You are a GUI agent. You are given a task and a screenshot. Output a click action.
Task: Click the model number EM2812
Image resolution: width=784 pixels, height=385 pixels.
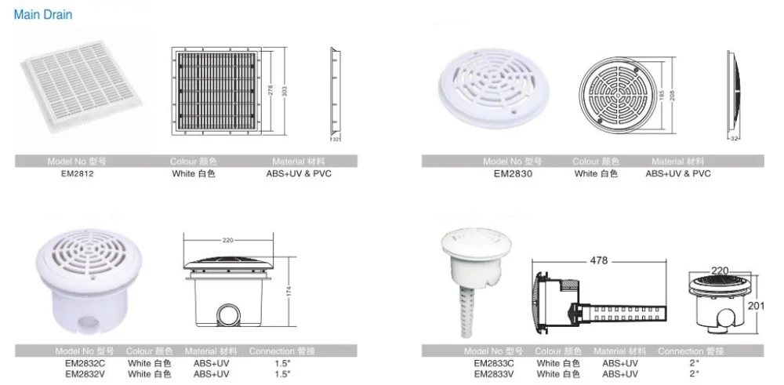(x=75, y=174)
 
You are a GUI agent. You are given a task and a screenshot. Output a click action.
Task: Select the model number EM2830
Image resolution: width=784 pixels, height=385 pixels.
(x=513, y=174)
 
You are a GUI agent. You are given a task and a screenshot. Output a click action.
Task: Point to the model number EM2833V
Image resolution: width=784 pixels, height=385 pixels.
(x=494, y=374)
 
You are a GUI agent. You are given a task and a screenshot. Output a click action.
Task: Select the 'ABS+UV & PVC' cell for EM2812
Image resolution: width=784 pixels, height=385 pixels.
(x=299, y=174)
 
